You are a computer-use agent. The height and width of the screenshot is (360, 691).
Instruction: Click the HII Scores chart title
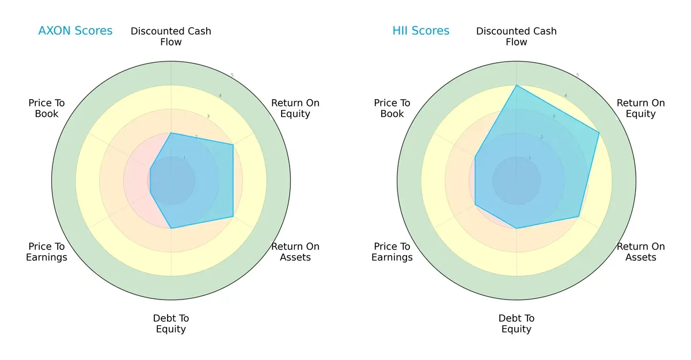(x=421, y=31)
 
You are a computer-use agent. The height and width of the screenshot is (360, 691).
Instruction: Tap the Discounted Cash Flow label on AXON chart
(x=171, y=36)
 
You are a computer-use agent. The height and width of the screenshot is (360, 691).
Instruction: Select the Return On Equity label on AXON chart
(x=295, y=108)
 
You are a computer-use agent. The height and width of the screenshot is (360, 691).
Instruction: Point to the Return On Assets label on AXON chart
(x=295, y=252)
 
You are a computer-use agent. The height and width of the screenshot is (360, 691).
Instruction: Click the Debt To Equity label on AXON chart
(x=171, y=324)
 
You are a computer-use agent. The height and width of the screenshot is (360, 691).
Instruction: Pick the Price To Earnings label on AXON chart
(x=47, y=252)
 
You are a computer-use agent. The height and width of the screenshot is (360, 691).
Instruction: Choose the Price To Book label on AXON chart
(x=47, y=108)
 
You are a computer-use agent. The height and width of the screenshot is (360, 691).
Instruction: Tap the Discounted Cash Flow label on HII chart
(x=517, y=36)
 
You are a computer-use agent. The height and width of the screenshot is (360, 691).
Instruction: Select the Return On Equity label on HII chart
(x=641, y=108)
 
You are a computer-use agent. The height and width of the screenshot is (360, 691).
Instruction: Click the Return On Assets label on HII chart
(x=641, y=252)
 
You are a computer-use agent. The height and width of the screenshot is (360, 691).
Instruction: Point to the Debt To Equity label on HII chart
(x=517, y=324)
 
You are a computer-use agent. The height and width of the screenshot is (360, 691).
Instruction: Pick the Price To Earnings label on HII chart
(x=392, y=252)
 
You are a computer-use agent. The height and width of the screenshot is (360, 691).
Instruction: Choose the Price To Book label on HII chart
(x=392, y=108)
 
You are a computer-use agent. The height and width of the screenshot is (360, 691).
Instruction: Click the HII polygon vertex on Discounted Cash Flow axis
(x=517, y=85)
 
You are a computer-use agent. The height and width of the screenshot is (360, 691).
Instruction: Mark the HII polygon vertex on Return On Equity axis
(x=599, y=133)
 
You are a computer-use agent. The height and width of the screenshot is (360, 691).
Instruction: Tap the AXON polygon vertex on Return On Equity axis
(x=233, y=145)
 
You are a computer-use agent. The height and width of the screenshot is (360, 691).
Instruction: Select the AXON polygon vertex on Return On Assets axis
(x=233, y=217)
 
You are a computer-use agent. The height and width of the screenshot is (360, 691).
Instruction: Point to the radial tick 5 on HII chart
(x=578, y=75)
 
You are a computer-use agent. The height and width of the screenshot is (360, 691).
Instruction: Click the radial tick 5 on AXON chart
(x=232, y=75)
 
